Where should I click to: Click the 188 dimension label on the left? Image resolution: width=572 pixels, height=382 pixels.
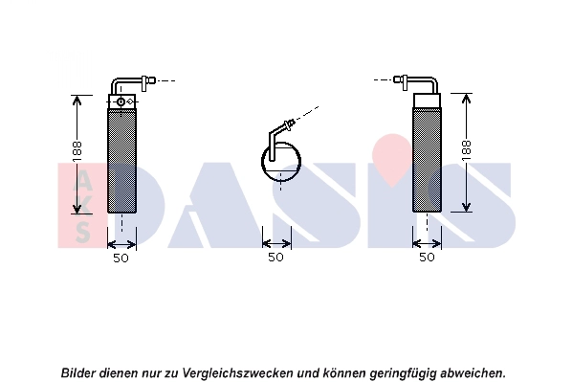point(77,151)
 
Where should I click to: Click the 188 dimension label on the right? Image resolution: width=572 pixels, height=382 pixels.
point(466,149)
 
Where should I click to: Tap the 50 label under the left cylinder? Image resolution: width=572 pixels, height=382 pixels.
point(121,258)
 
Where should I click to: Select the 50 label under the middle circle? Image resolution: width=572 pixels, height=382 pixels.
point(275,258)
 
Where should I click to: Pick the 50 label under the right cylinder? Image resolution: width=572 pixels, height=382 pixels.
point(427,258)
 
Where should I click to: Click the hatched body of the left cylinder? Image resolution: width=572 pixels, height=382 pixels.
point(121,161)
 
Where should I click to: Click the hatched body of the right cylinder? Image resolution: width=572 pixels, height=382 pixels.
point(427,160)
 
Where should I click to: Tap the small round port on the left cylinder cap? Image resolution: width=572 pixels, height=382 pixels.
point(121,101)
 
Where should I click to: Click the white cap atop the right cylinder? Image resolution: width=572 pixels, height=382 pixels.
point(427,101)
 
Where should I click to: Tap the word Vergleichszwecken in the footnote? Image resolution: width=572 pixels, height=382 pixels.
point(237,373)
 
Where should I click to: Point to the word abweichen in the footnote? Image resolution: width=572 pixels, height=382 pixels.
point(473,373)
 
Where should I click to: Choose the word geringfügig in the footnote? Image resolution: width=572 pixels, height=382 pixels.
point(403,373)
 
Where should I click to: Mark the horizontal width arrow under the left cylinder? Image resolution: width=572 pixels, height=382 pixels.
point(121,244)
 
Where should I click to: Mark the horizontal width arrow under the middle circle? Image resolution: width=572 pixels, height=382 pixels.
point(276,243)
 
